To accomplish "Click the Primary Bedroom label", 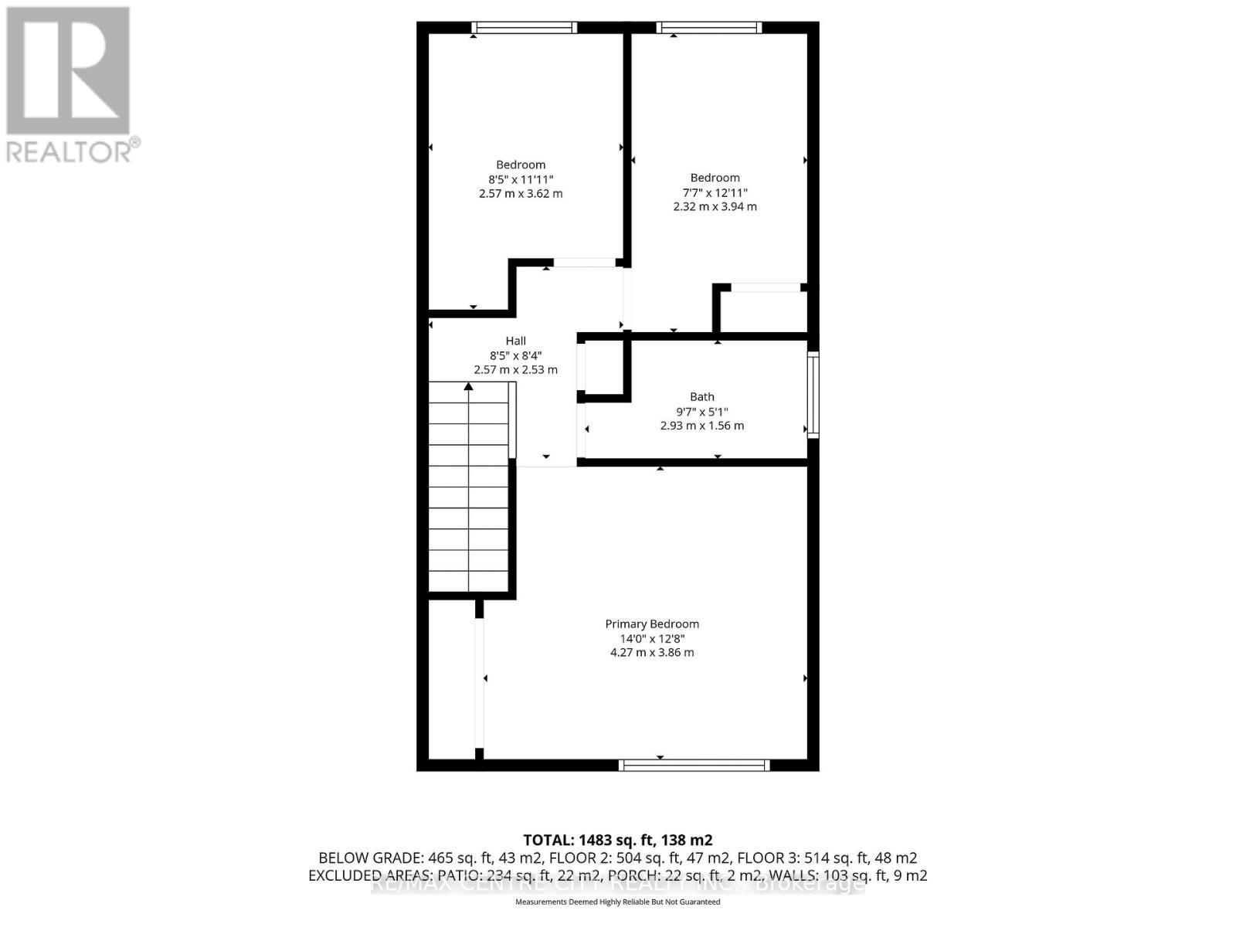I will pos(652,624).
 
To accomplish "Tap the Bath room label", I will pos(702,397).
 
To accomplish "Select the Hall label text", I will pos(516,341).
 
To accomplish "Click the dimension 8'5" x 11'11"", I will pos(521,179).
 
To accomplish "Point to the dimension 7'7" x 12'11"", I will pos(715,192).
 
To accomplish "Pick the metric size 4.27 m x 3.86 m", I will pos(652,653).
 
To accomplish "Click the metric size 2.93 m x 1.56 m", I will pos(702,426).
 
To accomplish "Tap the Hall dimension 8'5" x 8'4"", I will pos(516,355).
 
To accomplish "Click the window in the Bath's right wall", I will pos(813,395).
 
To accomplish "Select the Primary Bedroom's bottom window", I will pos(694,766).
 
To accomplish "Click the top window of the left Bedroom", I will pos(525,28).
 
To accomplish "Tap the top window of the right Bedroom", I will pos(709,28).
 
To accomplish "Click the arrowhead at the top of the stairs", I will pos(468,385).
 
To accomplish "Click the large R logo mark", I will pos(68,71).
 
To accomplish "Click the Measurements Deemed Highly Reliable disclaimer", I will pos(618,902).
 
